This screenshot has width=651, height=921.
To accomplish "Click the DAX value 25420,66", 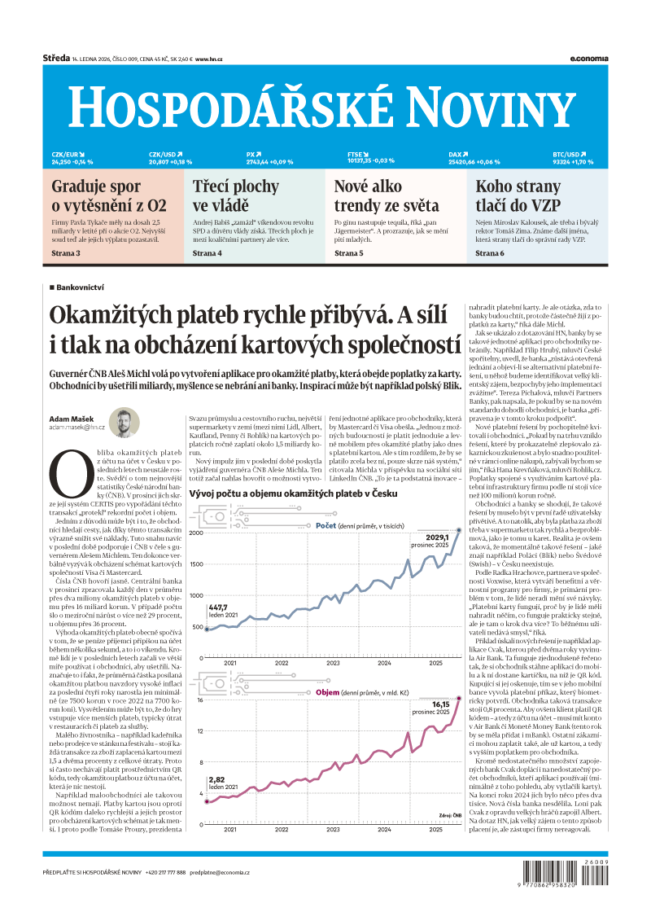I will pyautogui.click(x=463, y=161).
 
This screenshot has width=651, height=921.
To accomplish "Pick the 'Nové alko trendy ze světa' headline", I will pyautogui.click(x=387, y=195).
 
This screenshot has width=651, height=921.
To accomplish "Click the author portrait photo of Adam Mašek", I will pyautogui.click(x=125, y=423).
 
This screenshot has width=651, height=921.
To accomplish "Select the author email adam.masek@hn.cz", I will pyautogui.click(x=77, y=427).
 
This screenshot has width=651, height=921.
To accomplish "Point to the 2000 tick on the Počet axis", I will pyautogui.click(x=196, y=533).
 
